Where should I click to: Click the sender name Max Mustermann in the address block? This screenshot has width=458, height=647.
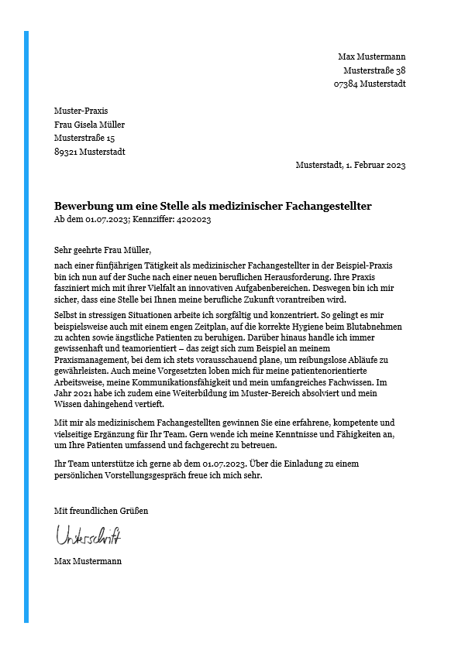pos(371,56)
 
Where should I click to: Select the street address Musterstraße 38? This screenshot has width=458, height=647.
pos(374,70)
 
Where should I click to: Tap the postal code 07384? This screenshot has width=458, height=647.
pos(346,84)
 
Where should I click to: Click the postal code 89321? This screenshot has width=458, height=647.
pos(66,152)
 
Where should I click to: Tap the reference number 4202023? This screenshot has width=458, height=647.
pos(192,220)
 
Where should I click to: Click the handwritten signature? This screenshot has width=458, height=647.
pos(88,535)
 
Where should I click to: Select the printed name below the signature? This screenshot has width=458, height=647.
pos(88,561)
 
